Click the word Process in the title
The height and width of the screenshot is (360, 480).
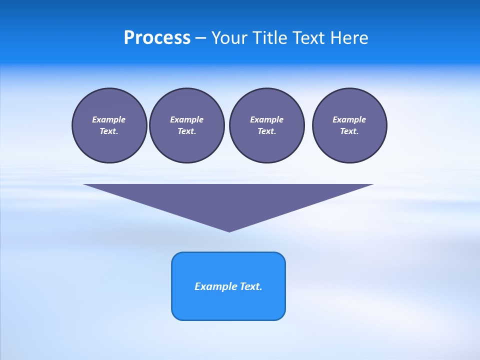tap(157, 38)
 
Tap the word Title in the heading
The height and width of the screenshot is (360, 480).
tap(268, 38)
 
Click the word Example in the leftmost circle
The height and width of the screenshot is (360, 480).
tap(109, 119)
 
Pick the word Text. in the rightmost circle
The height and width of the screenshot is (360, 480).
tap(349, 131)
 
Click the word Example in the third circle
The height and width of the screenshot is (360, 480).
tap(266, 119)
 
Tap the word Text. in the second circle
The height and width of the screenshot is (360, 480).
tap(186, 131)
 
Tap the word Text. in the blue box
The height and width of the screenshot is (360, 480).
tap(251, 286)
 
